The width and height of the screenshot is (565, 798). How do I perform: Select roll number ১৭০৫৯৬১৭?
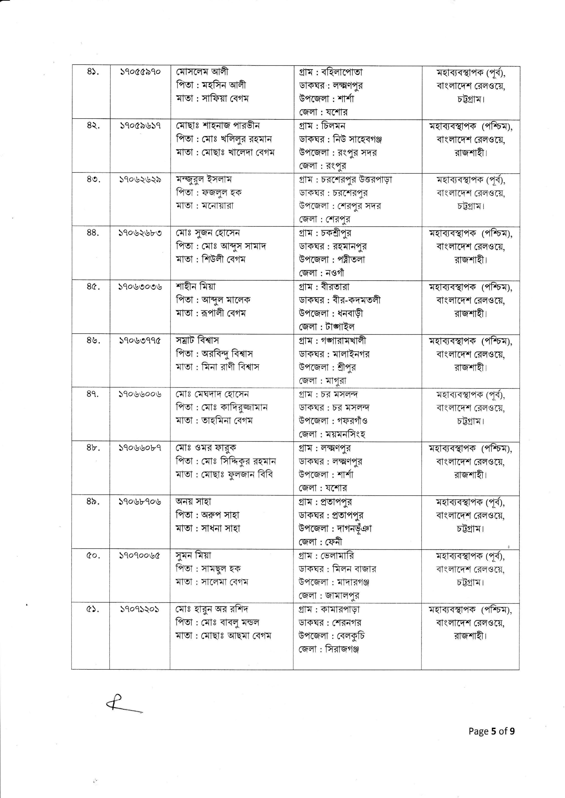140,126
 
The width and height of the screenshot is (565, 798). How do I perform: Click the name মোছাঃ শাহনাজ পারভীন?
218,126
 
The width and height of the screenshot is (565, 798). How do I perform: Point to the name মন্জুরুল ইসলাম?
204,179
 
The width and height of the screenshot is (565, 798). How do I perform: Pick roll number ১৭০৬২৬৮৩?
140,233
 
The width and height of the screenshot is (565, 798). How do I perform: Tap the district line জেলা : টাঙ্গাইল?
326,327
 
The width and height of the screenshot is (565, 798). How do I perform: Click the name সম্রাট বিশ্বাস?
197,341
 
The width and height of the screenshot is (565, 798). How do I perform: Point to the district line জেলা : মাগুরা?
322,381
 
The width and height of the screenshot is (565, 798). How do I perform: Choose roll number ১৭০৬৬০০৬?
140,394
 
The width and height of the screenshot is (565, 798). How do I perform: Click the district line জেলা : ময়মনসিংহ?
332,434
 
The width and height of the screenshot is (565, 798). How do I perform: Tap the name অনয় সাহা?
193,502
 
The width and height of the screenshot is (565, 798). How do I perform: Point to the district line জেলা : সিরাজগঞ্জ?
329,649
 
